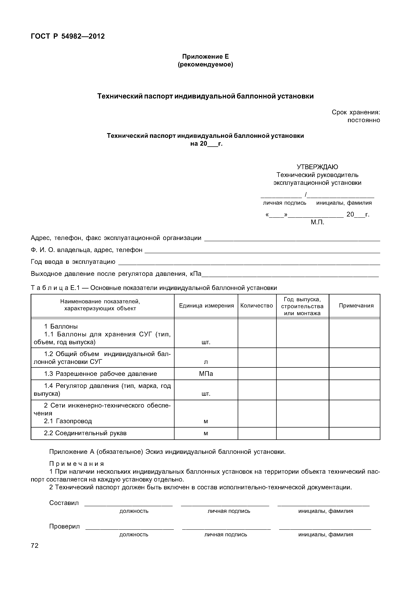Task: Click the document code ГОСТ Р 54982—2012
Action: coord(68,36)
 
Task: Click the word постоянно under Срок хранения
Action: coord(364,120)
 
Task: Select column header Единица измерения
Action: coord(206,306)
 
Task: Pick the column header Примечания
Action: coord(356,306)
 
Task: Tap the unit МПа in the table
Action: coord(206,374)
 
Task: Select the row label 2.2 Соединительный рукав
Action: coord(85,433)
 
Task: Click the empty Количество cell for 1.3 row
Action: coord(257,374)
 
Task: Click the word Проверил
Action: coord(64,526)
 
